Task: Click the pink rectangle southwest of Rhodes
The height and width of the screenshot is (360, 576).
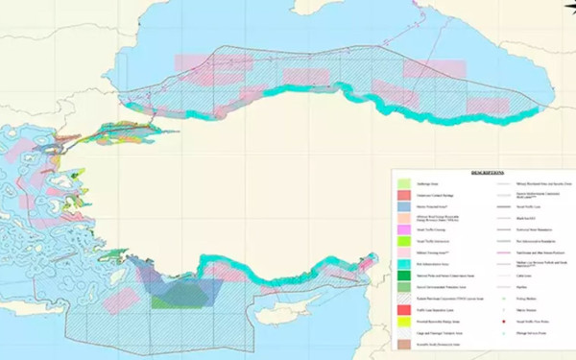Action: pos(117,303)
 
